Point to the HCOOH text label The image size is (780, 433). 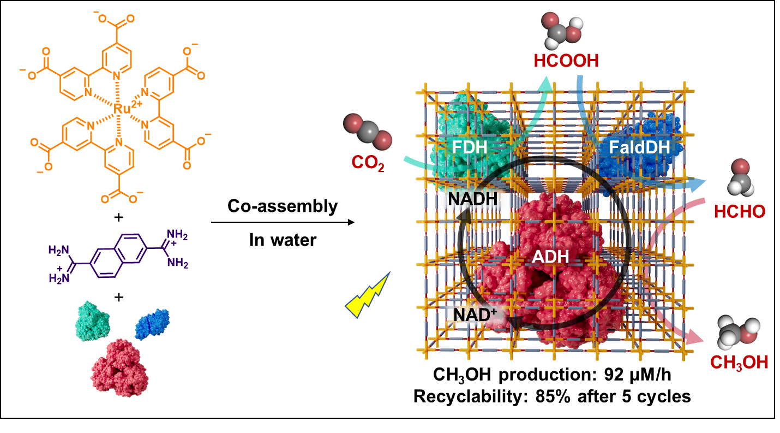pyautogui.click(x=566, y=61)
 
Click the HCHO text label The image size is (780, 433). pyautogui.click(x=740, y=212)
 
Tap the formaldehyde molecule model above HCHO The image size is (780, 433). pyautogui.click(x=739, y=175)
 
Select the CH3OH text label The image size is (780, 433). pyautogui.click(x=739, y=363)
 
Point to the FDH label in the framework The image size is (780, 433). pyautogui.click(x=470, y=147)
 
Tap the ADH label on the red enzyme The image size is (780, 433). pyautogui.click(x=550, y=256)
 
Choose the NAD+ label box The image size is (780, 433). pyautogui.click(x=472, y=315)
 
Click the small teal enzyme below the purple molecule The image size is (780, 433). pyautogui.click(x=93, y=321)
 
